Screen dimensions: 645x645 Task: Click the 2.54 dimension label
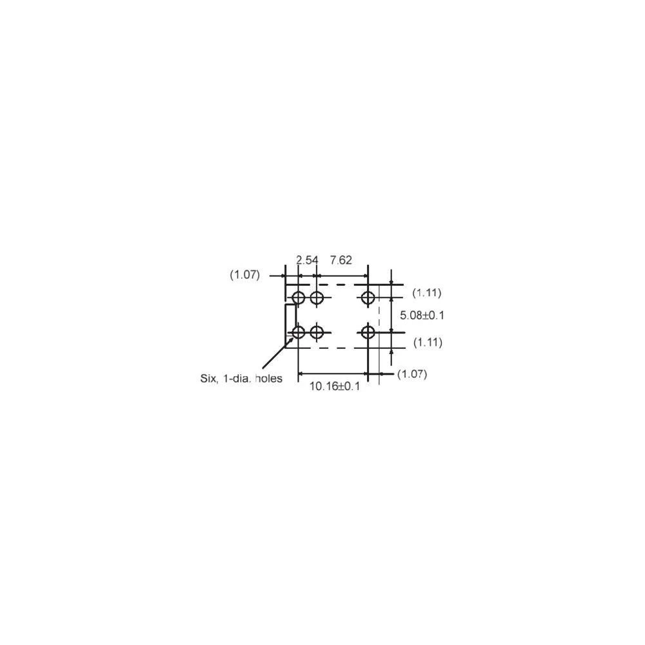[x=307, y=260]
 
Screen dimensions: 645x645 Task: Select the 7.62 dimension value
[x=341, y=260]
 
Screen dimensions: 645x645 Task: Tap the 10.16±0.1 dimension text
[x=334, y=386]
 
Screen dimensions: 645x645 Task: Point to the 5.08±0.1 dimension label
[x=422, y=315]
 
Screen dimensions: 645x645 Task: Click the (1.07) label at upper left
[x=244, y=275]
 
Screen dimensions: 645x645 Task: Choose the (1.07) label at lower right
[x=412, y=374]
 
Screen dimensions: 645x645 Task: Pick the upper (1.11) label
[x=427, y=293]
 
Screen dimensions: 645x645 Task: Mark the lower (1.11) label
[x=428, y=342]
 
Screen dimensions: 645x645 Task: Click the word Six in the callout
[x=209, y=379]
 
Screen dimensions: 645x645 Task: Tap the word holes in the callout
[x=268, y=379]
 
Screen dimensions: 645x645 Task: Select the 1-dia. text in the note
[x=237, y=379]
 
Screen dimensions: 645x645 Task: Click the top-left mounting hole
[x=298, y=297]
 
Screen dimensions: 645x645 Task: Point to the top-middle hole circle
[x=317, y=297]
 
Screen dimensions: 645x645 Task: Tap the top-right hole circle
[x=368, y=297]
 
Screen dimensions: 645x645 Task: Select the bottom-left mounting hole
[x=298, y=332]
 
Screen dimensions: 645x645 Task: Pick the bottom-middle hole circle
[x=317, y=332]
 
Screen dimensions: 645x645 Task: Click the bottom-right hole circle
[x=368, y=332]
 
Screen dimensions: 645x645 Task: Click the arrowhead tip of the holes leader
[x=293, y=337]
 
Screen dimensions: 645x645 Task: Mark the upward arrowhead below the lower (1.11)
[x=392, y=349]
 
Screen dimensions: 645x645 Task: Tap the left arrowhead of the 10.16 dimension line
[x=299, y=374]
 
